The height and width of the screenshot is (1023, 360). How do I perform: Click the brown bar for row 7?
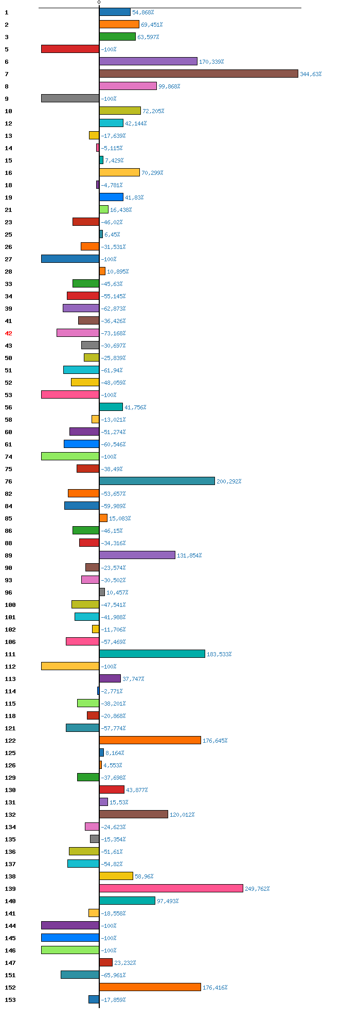coord(199,74)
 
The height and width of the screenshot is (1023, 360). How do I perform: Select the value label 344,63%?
coord(311,74)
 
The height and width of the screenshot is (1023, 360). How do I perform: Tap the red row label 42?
coord(8,333)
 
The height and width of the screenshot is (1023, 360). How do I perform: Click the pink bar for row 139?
coord(171,888)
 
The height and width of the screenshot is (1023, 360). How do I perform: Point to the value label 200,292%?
coord(229,481)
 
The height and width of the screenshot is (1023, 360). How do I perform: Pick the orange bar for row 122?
coord(150,740)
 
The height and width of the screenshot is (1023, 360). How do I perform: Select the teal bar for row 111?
coord(152,654)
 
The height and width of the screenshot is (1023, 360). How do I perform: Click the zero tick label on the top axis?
coord(99,3)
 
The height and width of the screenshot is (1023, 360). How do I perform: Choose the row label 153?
coord(10,1000)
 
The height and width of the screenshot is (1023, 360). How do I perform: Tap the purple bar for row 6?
coord(148,61)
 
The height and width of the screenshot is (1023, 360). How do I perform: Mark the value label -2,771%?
coord(112,691)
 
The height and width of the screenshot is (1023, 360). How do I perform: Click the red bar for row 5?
coord(70,49)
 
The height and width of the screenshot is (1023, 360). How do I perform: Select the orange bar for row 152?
coord(150,987)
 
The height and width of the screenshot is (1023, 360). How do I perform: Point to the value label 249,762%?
coord(257,889)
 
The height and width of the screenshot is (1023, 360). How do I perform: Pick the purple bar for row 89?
coord(137,555)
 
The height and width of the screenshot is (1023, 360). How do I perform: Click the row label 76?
coord(8,481)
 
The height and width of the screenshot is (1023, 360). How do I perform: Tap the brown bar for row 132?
coord(133,814)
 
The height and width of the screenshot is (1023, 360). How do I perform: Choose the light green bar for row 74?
coord(70,456)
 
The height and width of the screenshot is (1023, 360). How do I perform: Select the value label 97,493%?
coord(168,901)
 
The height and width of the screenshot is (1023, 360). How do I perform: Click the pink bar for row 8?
coord(128,86)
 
